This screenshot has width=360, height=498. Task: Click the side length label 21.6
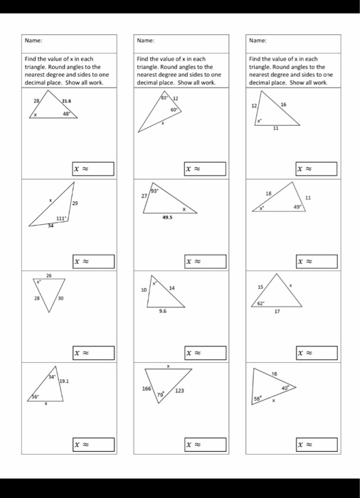68,102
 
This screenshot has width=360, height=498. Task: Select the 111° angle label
61,218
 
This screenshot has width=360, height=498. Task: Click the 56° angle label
33,396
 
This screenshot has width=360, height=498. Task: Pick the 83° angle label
163,96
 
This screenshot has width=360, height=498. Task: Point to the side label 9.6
164,311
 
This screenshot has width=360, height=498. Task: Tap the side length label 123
182,391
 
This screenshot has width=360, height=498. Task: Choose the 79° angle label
160,393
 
